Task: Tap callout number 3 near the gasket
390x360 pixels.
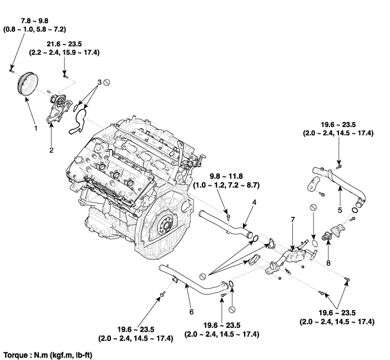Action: pyautogui.click(x=98, y=82)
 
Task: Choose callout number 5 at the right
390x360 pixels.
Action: pyautogui.click(x=340, y=210)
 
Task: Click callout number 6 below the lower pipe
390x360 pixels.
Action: pyautogui.click(x=191, y=312)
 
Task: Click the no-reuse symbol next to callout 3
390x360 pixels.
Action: pyautogui.click(x=107, y=82)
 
